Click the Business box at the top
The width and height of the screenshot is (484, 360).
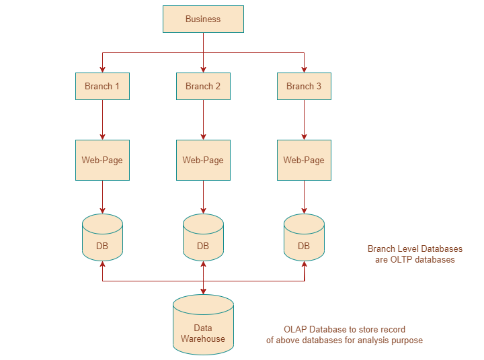click(203, 19)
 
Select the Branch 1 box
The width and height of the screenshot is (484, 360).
click(102, 86)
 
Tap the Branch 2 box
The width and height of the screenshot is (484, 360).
click(203, 86)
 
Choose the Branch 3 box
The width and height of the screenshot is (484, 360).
click(304, 86)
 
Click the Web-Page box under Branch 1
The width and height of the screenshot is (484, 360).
click(102, 160)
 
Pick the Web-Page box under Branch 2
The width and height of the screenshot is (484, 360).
click(203, 160)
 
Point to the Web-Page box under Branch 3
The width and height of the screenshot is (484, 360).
click(304, 160)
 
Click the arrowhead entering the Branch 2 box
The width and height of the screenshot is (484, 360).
click(203, 69)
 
